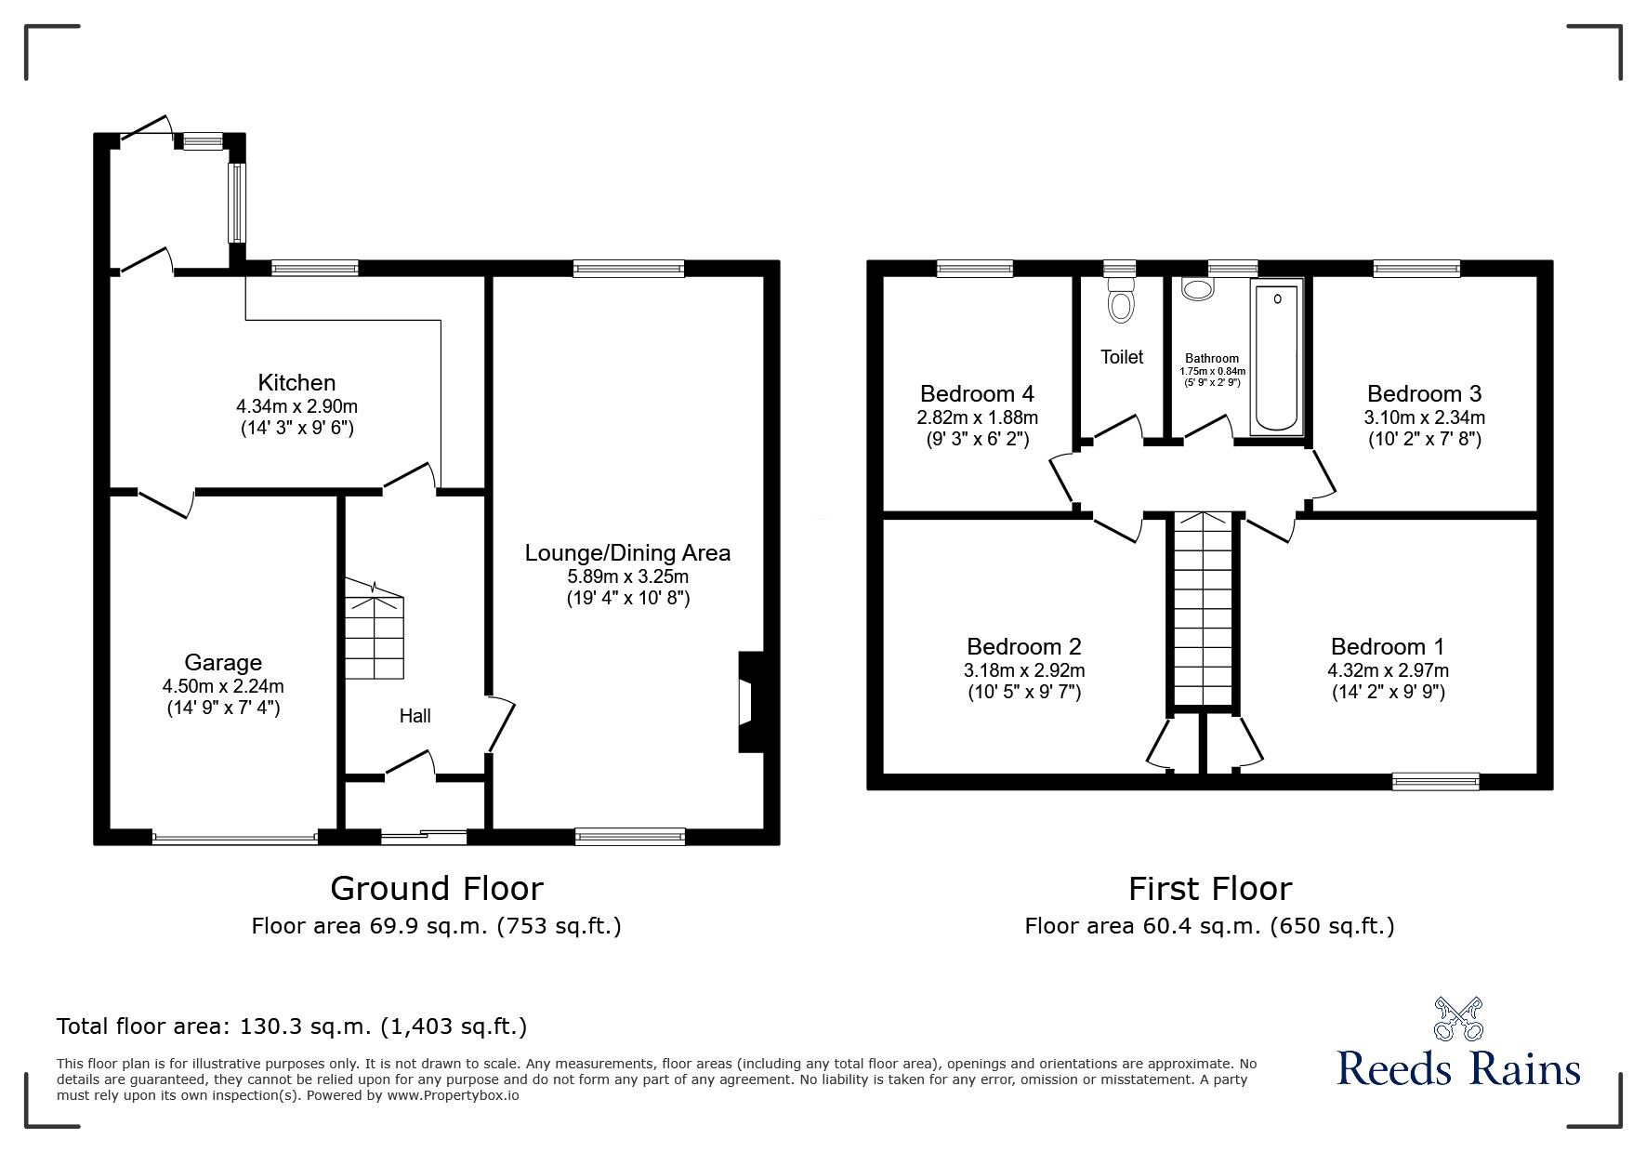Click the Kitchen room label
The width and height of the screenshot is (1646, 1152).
coord(296,382)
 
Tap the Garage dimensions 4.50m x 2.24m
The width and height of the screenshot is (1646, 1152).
coord(223,686)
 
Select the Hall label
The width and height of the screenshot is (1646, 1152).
coord(415,716)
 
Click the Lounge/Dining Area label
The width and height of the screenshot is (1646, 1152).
coord(627,553)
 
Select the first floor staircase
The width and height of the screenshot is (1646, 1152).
coord(1204,609)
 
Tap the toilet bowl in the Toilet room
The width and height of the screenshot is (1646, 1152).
coord(1122,302)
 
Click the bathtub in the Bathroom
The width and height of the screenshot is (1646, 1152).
coord(1278,358)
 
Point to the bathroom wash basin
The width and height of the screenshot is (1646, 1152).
coord(1197,289)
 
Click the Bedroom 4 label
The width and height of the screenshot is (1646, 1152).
coord(977,393)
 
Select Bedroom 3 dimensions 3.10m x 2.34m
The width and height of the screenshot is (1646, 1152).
coord(1424,417)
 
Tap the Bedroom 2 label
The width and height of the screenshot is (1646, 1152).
coord(1023,646)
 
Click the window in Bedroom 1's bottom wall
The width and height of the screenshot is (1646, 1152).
coord(1435,782)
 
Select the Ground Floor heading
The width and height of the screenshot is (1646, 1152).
coord(437,889)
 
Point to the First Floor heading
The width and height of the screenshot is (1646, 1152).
coord(1209,889)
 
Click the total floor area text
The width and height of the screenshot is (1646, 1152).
coord(292,1026)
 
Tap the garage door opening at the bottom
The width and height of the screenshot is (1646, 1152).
coord(234,838)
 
